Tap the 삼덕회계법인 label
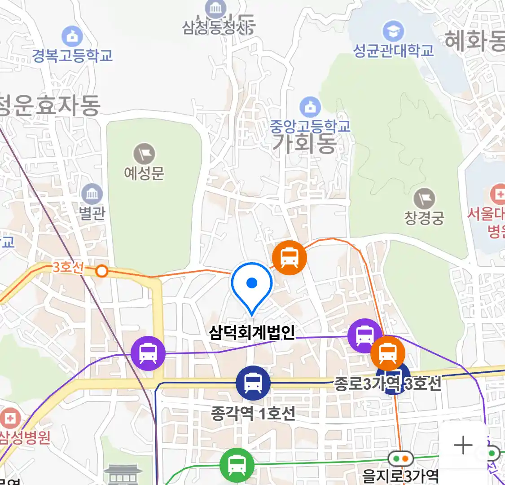252,332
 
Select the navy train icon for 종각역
253,383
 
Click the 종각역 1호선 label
253,413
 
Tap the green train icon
237,465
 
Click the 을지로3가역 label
400,476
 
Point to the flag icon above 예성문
144,154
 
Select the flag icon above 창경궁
424,199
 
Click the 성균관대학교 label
394,50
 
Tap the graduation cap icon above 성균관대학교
393,31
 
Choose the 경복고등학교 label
72,56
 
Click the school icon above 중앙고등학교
310,107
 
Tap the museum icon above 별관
92,194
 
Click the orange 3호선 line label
68,267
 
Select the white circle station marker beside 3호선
102,271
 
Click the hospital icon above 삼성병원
10,419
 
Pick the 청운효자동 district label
49,106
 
